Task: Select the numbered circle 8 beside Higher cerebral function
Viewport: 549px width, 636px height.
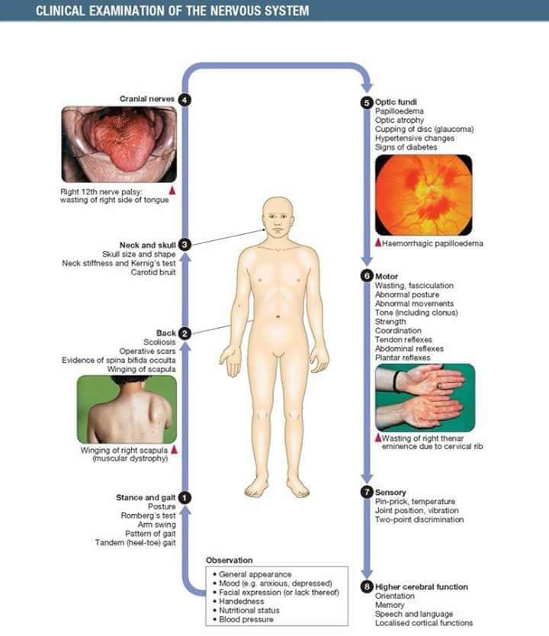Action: pos(368,587)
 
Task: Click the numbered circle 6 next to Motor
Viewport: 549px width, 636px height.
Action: pos(368,276)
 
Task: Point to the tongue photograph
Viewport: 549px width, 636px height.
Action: pos(119,143)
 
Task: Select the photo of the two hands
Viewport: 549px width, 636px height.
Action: pos(425,397)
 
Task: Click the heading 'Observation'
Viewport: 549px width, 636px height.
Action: pos(229,561)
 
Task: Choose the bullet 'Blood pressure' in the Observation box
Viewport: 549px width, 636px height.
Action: pos(246,619)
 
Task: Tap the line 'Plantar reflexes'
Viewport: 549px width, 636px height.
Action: pos(403,358)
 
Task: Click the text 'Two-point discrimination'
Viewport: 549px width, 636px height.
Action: pos(419,519)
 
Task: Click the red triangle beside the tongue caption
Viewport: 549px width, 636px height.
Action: pos(172,189)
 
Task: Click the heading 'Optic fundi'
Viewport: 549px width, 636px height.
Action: pos(396,101)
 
